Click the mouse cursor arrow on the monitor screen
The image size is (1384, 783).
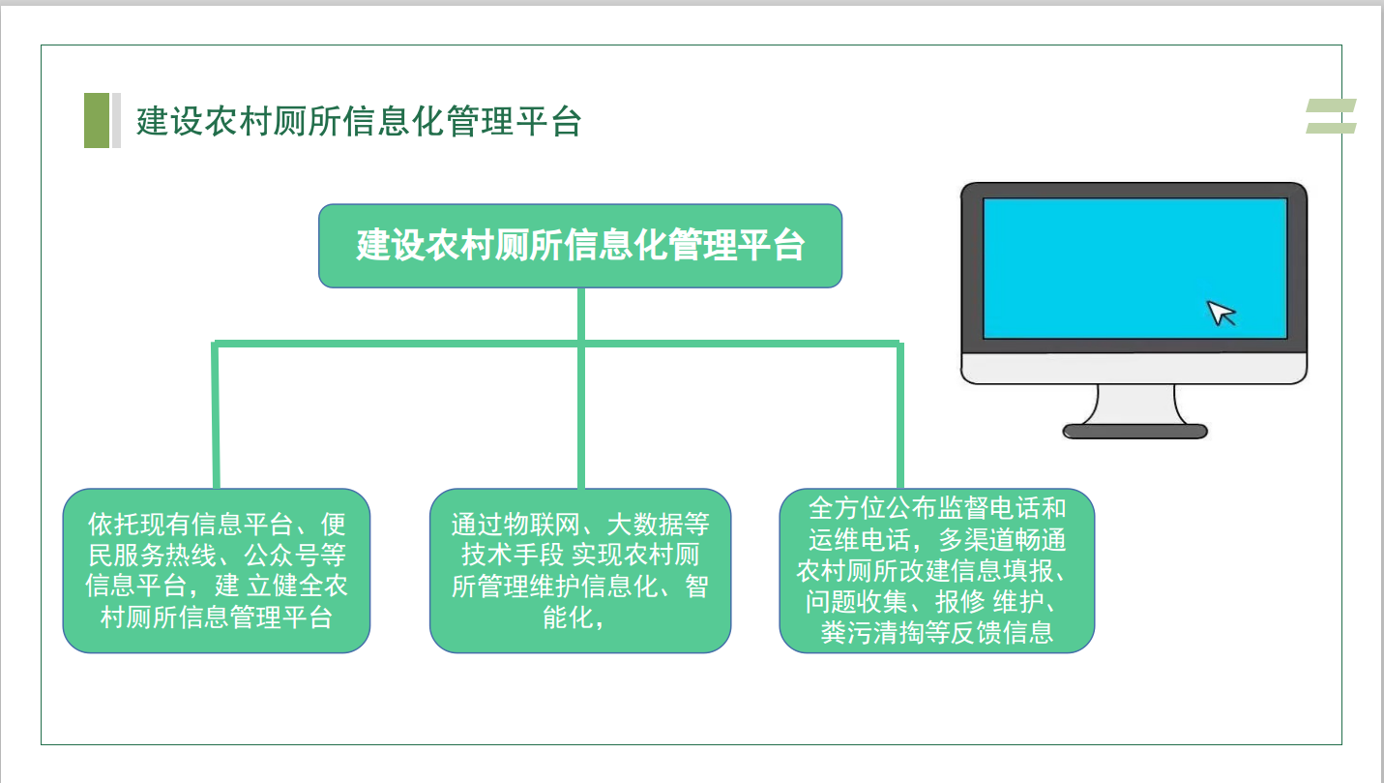1221,313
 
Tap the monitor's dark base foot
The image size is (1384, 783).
1134,431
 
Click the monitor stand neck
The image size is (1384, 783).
1135,404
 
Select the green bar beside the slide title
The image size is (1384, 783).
97,120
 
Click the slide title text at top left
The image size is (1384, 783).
359,121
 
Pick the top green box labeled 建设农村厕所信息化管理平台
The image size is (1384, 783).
580,246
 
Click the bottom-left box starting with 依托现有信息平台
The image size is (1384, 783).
217,570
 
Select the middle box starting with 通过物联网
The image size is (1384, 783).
580,570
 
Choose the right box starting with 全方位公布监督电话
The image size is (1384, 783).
936,570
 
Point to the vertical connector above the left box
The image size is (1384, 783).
216,414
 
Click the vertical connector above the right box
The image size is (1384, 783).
900,414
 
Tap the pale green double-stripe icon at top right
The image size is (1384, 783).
1331,115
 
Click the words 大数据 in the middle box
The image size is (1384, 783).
645,525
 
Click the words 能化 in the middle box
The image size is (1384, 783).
569,617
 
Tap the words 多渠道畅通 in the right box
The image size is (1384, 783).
1002,540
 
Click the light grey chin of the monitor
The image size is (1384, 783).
1134,368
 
